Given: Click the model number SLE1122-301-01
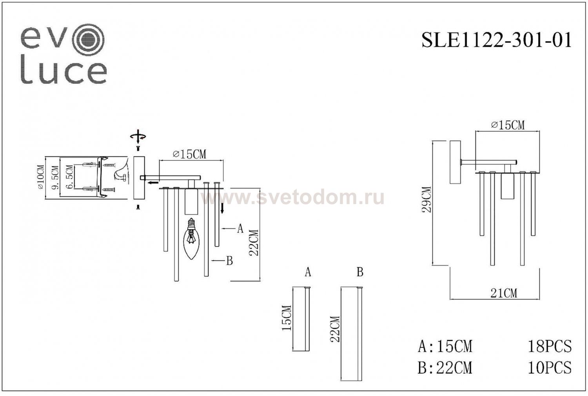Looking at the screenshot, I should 496,40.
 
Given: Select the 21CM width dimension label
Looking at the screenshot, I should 504,293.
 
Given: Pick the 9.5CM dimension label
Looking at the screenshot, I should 55,177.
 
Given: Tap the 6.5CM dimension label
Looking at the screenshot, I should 69,177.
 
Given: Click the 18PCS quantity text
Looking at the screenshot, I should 549,346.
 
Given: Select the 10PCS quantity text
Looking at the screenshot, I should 549,367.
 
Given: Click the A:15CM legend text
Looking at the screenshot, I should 445,346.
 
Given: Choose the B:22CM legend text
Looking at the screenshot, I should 445,367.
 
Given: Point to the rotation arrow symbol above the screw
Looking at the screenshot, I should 138,136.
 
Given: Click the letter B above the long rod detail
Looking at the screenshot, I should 360,272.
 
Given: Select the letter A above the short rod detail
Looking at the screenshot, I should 308,272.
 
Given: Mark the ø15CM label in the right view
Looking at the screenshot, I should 507,125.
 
